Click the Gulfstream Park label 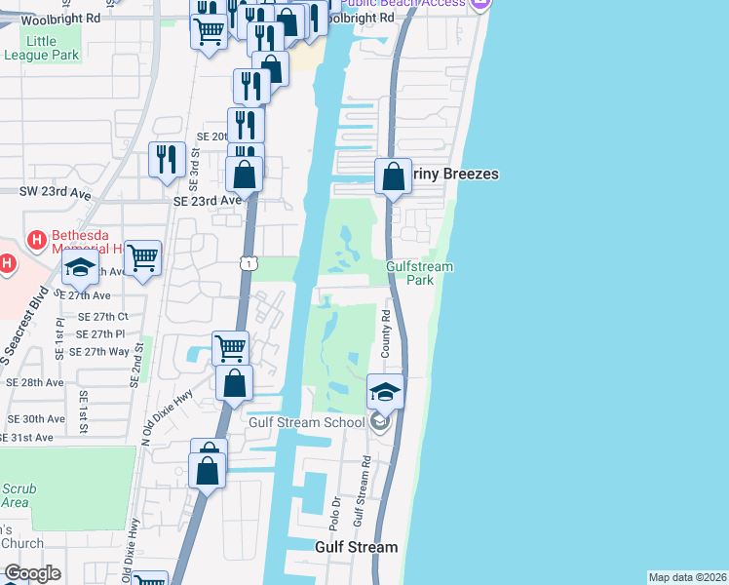(x=421, y=273)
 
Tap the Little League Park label (x=53, y=48)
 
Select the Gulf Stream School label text (x=306, y=421)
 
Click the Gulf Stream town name (x=356, y=547)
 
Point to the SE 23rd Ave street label (x=207, y=201)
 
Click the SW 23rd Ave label (x=55, y=193)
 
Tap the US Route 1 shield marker (x=249, y=263)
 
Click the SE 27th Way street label (x=100, y=351)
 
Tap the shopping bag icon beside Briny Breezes (x=393, y=177)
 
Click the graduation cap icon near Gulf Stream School (x=385, y=392)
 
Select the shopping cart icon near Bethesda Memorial (x=143, y=258)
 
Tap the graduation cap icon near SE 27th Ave (x=80, y=268)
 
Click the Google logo (x=33, y=573)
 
